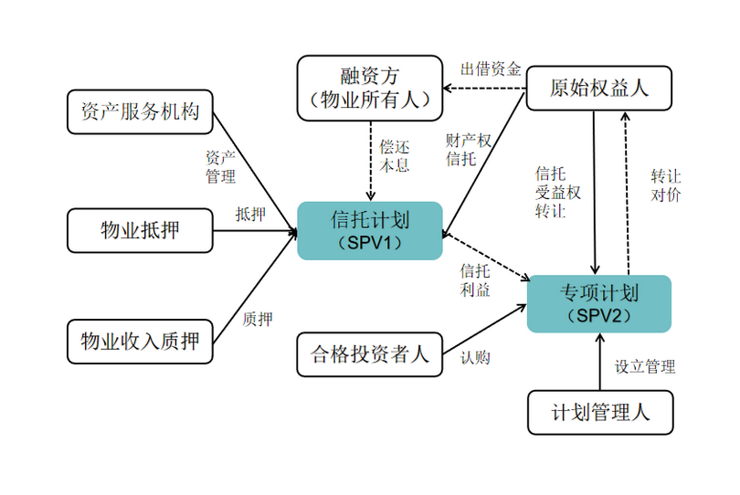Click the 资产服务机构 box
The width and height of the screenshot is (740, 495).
[140, 112]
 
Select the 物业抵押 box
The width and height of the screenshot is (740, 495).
[140, 230]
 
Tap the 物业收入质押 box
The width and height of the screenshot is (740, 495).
[140, 342]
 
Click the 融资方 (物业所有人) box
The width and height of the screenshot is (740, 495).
[370, 88]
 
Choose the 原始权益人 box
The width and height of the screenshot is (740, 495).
[599, 88]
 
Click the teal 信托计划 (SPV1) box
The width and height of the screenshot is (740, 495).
[370, 230]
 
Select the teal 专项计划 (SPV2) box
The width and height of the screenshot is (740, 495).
[599, 303]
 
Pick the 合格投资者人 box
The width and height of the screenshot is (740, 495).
[370, 354]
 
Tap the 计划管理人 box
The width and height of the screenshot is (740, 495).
[600, 412]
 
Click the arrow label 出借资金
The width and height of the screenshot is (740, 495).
[491, 69]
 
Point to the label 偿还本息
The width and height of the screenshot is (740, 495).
[395, 155]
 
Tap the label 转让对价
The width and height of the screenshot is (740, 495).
[665, 184]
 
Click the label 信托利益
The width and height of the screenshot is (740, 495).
[475, 280]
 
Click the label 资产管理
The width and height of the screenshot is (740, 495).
[220, 166]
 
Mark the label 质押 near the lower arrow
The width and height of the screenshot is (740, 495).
[258, 319]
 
